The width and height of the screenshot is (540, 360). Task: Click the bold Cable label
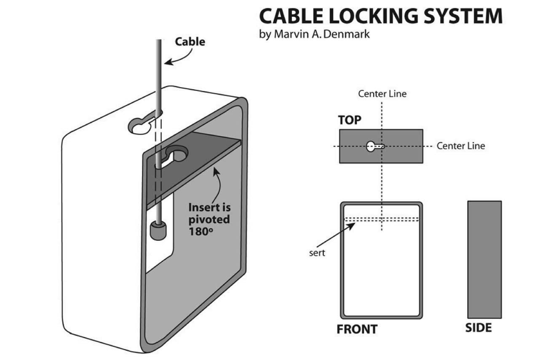(x=190, y=42)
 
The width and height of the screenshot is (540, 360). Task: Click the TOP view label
(x=350, y=120)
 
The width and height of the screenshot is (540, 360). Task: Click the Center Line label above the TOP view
(x=382, y=93)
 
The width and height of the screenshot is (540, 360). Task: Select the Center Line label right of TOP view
(x=460, y=146)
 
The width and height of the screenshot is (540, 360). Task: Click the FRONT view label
(x=357, y=329)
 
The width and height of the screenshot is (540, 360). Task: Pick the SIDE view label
(x=478, y=328)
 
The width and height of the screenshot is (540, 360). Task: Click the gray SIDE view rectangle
(x=484, y=259)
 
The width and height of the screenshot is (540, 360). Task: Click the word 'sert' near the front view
(x=317, y=253)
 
